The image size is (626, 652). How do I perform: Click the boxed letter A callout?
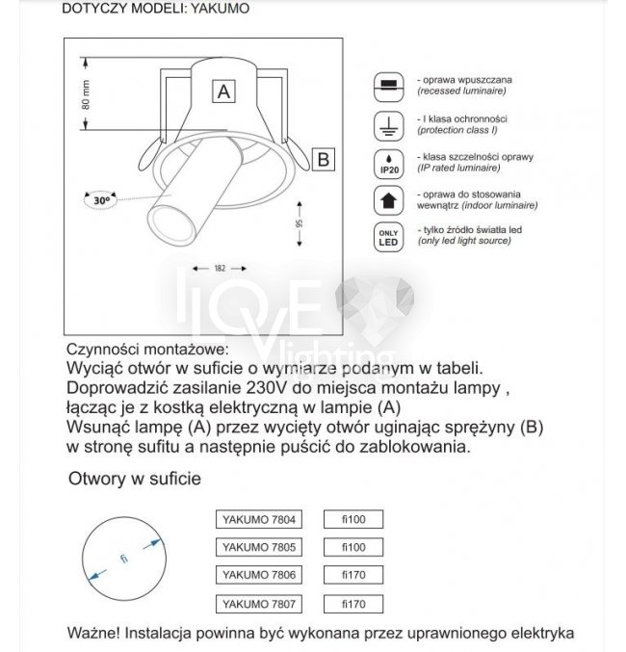coord(223,91)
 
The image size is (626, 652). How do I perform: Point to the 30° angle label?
coord(100,200)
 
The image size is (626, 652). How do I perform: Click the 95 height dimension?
coord(300,223)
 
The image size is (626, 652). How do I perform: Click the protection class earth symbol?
coord(387,124)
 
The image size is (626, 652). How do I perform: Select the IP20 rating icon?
coord(387,162)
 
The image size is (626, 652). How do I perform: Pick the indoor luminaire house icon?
coord(387,200)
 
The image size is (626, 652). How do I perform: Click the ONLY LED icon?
coord(387,237)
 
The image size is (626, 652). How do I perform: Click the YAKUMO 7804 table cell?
coord(256,520)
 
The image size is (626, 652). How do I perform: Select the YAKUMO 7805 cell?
coord(256,547)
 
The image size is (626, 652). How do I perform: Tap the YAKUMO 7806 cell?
coord(256,575)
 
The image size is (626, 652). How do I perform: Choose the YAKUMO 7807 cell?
coord(256,603)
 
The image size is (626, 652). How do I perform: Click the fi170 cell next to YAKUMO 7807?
coord(354,603)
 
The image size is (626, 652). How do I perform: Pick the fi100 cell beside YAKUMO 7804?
coord(354,520)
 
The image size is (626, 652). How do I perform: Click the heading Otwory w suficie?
coord(135,479)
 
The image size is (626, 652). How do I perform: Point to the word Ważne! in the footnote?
coord(93,634)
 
